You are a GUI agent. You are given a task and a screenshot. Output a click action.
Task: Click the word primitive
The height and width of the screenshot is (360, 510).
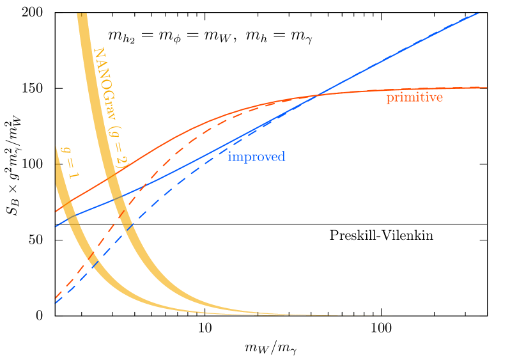tap(414, 98)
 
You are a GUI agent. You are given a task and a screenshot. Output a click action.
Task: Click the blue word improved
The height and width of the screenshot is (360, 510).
tap(256, 157)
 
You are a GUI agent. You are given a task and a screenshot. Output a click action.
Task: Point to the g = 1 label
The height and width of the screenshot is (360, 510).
tap(66, 162)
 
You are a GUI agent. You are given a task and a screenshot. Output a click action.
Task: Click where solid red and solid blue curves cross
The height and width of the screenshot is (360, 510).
tap(318, 96)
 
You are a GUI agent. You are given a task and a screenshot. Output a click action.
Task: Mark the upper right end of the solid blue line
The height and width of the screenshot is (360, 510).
tap(479, 11)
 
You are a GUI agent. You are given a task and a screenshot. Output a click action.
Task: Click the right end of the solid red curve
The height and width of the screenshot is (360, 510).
tap(486, 87)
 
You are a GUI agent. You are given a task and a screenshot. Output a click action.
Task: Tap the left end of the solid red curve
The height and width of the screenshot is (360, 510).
tap(56, 210)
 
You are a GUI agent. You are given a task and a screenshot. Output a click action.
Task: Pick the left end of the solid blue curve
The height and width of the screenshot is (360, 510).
tap(56, 226)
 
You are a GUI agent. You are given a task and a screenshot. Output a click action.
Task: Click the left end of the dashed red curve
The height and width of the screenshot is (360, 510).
tap(56, 298)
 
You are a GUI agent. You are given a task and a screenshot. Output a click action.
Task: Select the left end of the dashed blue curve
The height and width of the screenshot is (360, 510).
tap(56, 303)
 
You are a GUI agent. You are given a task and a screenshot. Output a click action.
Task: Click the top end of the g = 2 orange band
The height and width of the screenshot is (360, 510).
tap(82, 14)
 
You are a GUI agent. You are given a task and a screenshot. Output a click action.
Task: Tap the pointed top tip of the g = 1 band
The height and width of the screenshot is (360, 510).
tap(56, 147)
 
